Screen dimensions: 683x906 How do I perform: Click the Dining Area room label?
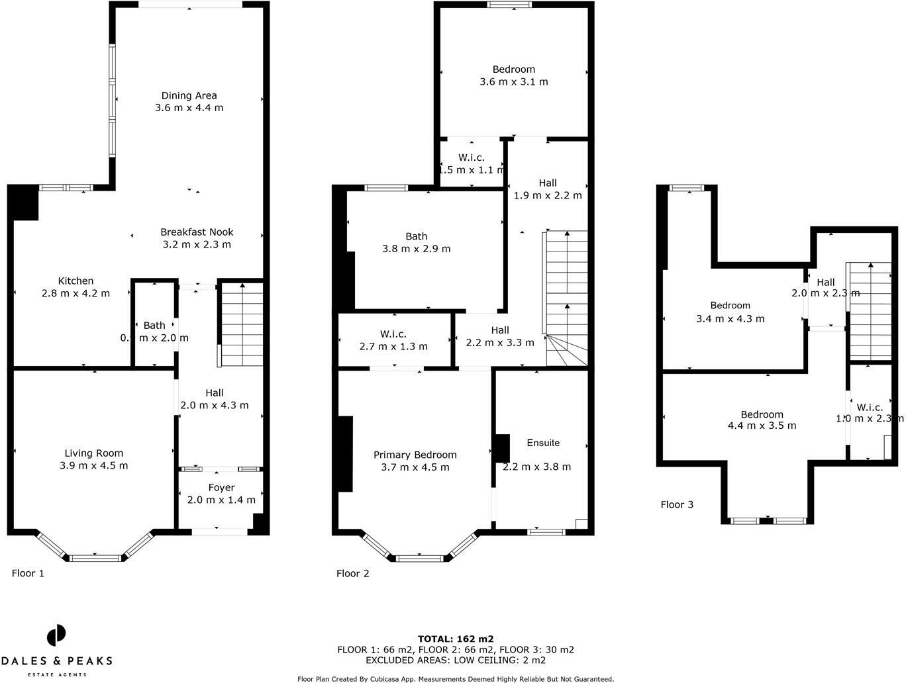point(189,95)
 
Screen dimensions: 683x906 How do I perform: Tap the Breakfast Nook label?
point(197,232)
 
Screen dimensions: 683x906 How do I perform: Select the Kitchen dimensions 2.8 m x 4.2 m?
point(75,293)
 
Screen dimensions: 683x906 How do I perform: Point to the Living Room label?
point(93,453)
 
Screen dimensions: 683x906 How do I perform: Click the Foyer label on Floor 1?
point(221,488)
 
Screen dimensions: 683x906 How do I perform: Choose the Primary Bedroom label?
point(415,455)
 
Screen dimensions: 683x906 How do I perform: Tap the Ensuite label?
point(543,443)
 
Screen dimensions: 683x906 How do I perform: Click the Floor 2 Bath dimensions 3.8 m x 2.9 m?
point(416,249)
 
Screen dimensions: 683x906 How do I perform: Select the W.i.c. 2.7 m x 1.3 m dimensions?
point(393,346)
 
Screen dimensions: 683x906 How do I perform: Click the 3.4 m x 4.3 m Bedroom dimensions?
point(730,318)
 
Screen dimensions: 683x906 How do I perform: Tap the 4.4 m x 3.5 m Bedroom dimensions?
point(762,426)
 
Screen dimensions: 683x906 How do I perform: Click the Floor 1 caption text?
point(28,573)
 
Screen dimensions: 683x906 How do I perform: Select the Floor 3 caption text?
point(677,504)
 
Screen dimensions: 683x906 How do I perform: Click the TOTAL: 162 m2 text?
point(455,639)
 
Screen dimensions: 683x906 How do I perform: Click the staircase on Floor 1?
point(242,324)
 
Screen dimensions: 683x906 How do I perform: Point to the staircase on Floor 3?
point(870,311)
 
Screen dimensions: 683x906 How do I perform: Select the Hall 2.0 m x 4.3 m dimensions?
point(215,405)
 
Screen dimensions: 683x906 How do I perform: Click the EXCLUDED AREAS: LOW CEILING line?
point(455,660)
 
